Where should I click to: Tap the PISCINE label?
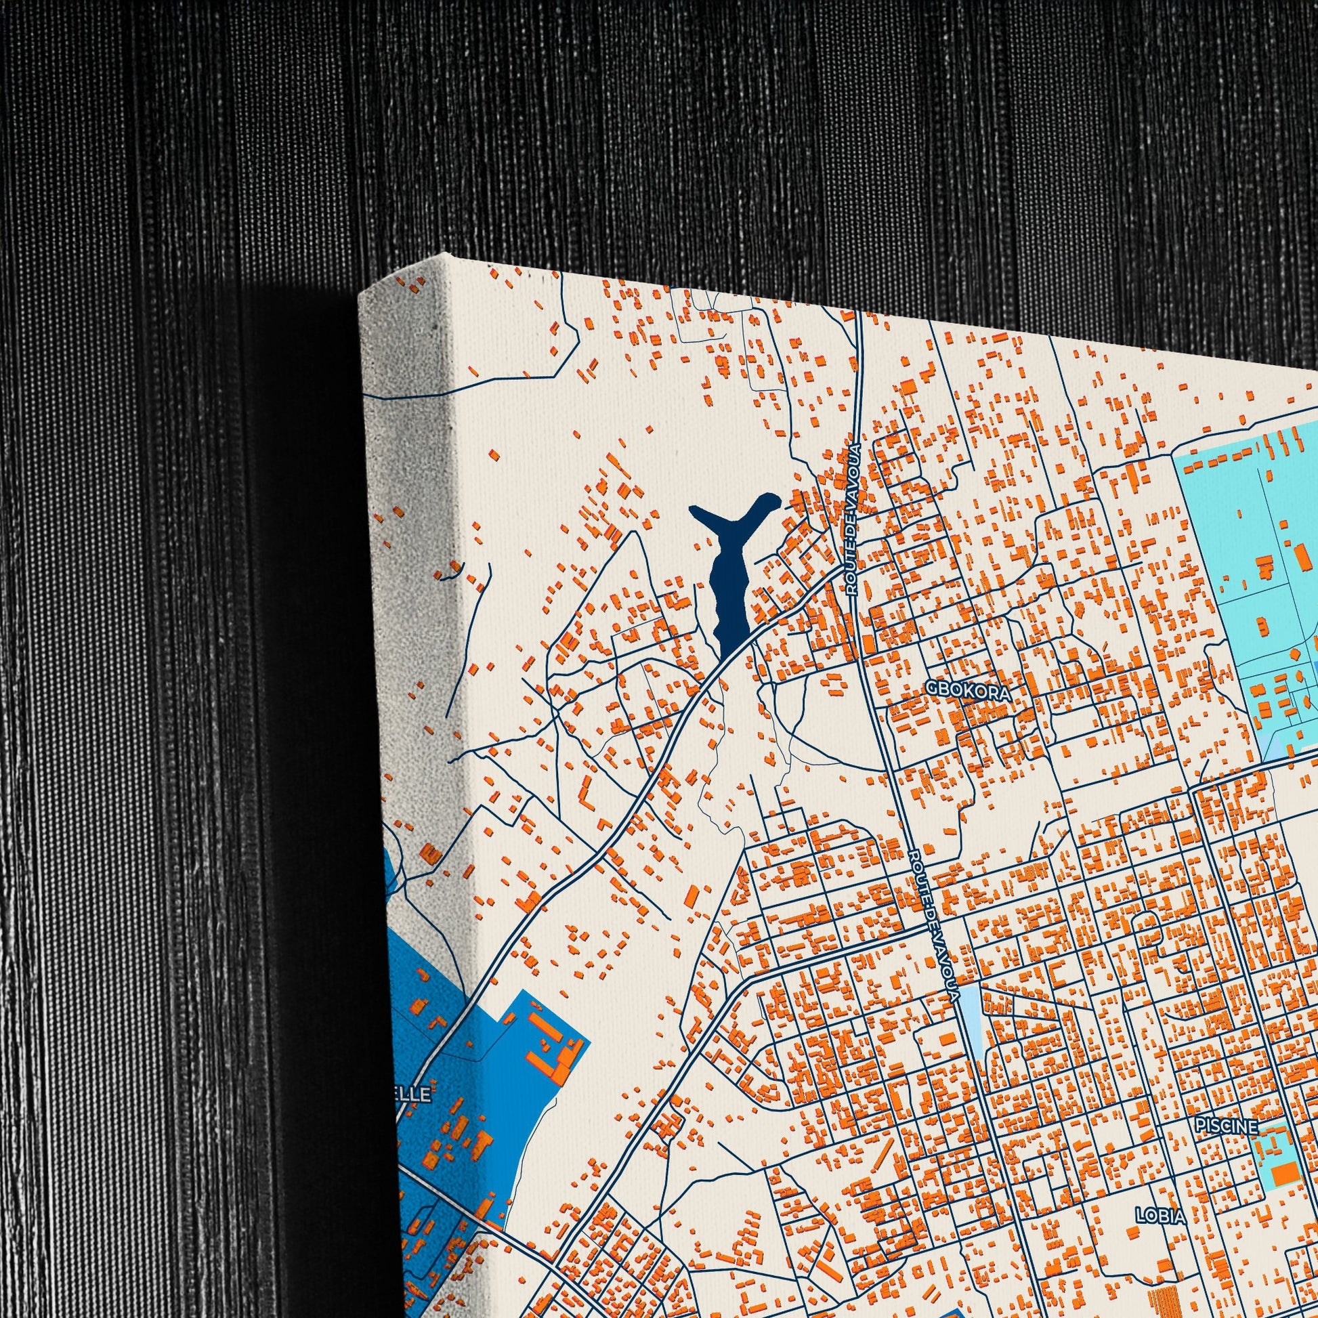click(x=1226, y=1126)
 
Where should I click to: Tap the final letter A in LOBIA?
click(x=1181, y=1216)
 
